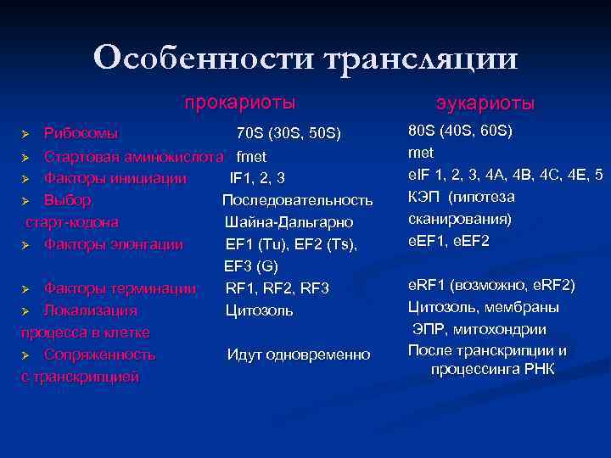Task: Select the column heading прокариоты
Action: click(240, 103)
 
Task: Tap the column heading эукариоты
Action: click(485, 103)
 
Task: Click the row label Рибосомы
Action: click(81, 134)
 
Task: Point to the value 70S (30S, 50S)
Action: click(289, 134)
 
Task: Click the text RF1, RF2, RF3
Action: click(277, 288)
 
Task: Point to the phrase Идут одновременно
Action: click(298, 355)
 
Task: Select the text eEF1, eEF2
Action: click(449, 241)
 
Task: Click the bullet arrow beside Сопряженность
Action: click(26, 355)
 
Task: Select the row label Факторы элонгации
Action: click(113, 244)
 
